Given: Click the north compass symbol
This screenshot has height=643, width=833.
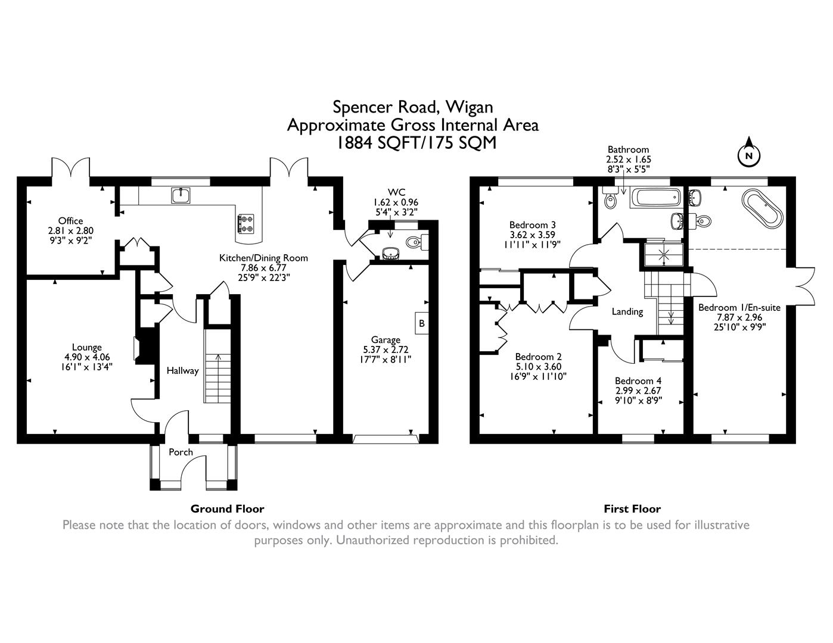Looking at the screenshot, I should point(749,155).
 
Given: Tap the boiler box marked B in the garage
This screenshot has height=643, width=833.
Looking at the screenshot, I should point(422,323).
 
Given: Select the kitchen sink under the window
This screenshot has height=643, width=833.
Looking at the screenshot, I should point(180,194).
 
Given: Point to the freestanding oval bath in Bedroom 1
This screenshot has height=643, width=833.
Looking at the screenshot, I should point(761,208).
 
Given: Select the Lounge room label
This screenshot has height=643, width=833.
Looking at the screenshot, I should point(87,347).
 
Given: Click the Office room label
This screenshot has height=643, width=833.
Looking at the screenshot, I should point(70,221).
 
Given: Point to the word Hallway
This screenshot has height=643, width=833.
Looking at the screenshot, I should point(182,370).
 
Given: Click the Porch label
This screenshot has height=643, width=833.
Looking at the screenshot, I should point(181,452).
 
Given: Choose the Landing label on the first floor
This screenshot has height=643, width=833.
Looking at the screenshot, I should point(627,311).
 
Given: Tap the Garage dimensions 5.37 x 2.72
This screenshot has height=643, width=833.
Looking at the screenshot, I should point(386,349).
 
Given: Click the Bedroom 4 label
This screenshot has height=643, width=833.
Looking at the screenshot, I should point(638,380).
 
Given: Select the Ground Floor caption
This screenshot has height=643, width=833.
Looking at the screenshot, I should point(227,508).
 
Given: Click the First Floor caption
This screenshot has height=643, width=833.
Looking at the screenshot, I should point(632,508).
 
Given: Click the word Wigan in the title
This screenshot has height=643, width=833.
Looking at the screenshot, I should point(470,107).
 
